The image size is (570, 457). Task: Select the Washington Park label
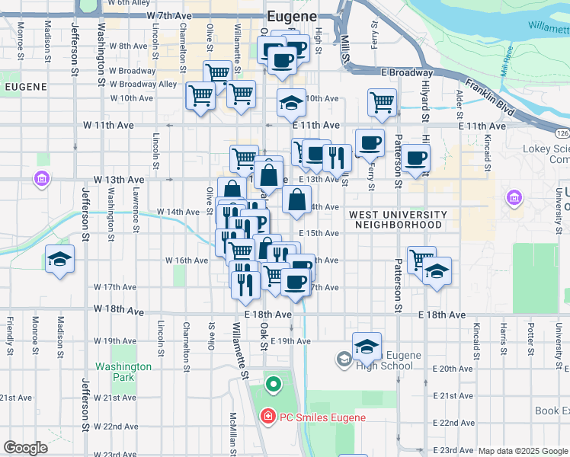click(x=123, y=372)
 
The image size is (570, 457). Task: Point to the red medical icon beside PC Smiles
click(x=267, y=417)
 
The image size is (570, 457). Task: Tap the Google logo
click(x=25, y=448)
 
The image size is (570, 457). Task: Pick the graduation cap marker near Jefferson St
click(x=59, y=260)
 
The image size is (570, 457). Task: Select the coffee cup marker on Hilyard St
click(x=416, y=158)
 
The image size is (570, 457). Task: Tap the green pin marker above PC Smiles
click(x=273, y=383)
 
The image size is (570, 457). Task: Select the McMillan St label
click(x=233, y=431)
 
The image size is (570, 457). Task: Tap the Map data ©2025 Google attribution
click(x=523, y=451)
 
